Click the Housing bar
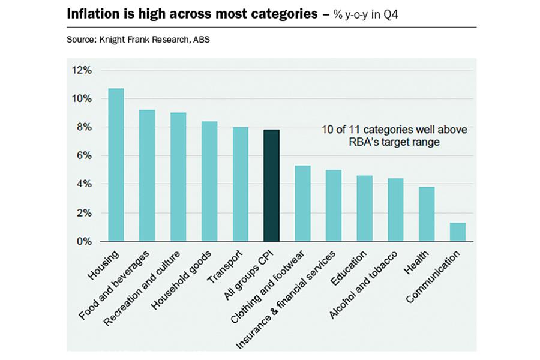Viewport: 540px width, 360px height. click(x=116, y=165)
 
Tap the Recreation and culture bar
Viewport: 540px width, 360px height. click(x=178, y=177)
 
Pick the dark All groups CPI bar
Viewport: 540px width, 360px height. click(x=271, y=185)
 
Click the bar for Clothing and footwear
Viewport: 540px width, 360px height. click(x=302, y=203)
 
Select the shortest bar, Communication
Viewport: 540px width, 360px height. click(x=457, y=232)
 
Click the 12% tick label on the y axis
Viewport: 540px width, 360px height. click(x=82, y=70)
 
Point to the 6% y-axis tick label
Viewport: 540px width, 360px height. click(x=83, y=155)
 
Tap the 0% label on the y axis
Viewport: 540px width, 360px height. click(x=83, y=241)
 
